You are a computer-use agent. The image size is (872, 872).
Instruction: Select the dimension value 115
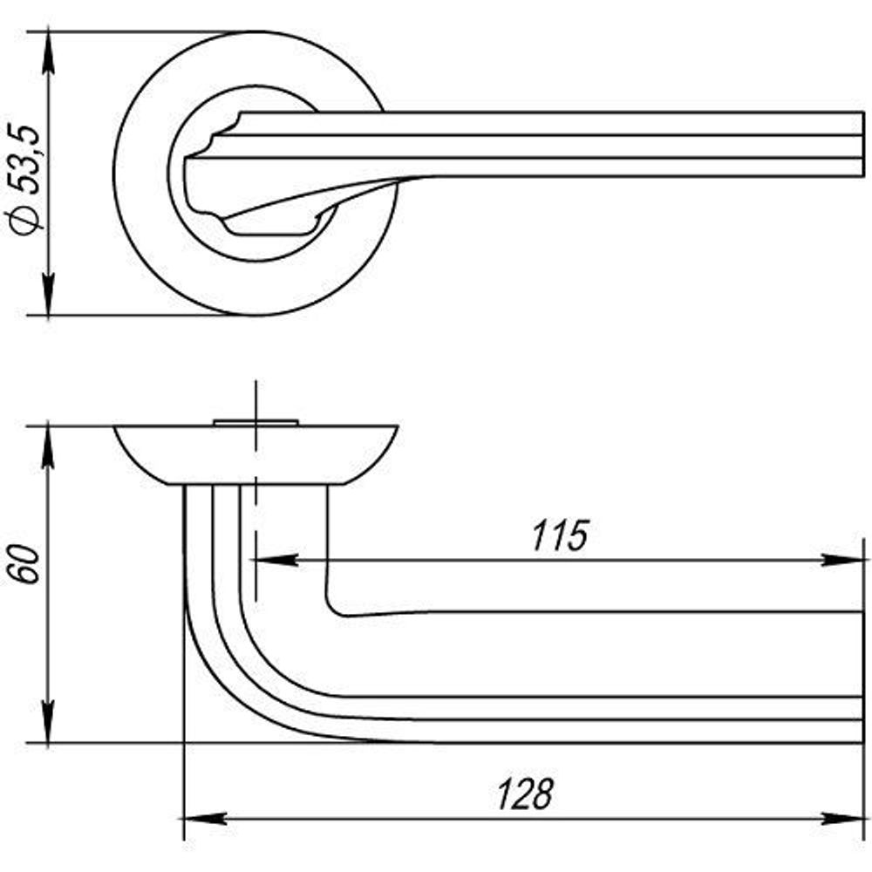point(561,536)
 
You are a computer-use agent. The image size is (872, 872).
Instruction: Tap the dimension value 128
point(525,794)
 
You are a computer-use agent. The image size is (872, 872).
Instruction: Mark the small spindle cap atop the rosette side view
point(256,423)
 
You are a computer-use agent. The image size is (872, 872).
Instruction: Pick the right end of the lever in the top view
point(859,144)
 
